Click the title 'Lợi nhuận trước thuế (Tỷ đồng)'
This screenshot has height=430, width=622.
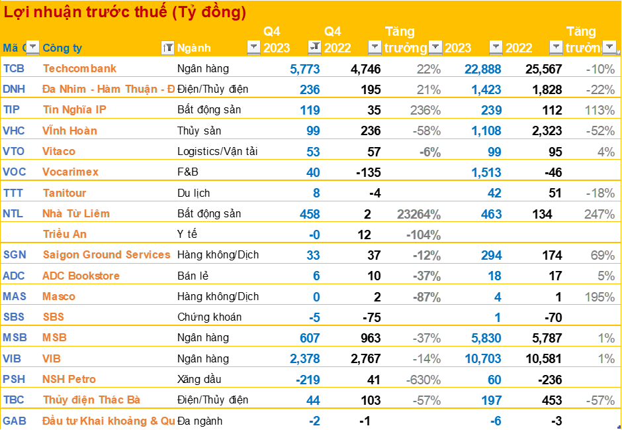coord(126,12)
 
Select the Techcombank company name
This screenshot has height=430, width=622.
coord(79,68)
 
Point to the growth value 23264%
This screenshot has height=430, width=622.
coord(419,214)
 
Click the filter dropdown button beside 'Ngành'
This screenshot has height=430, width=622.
coord(253,47)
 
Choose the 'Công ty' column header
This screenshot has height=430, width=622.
coord(62,48)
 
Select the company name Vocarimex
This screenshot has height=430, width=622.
coord(70,172)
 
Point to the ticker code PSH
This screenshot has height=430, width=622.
coord(14,380)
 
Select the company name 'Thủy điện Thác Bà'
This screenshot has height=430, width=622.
coord(91,400)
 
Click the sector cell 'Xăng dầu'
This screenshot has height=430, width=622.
coord(199,380)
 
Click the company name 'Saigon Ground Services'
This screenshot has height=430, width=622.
coord(106,255)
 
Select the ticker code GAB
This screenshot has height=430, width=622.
coord(14,421)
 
